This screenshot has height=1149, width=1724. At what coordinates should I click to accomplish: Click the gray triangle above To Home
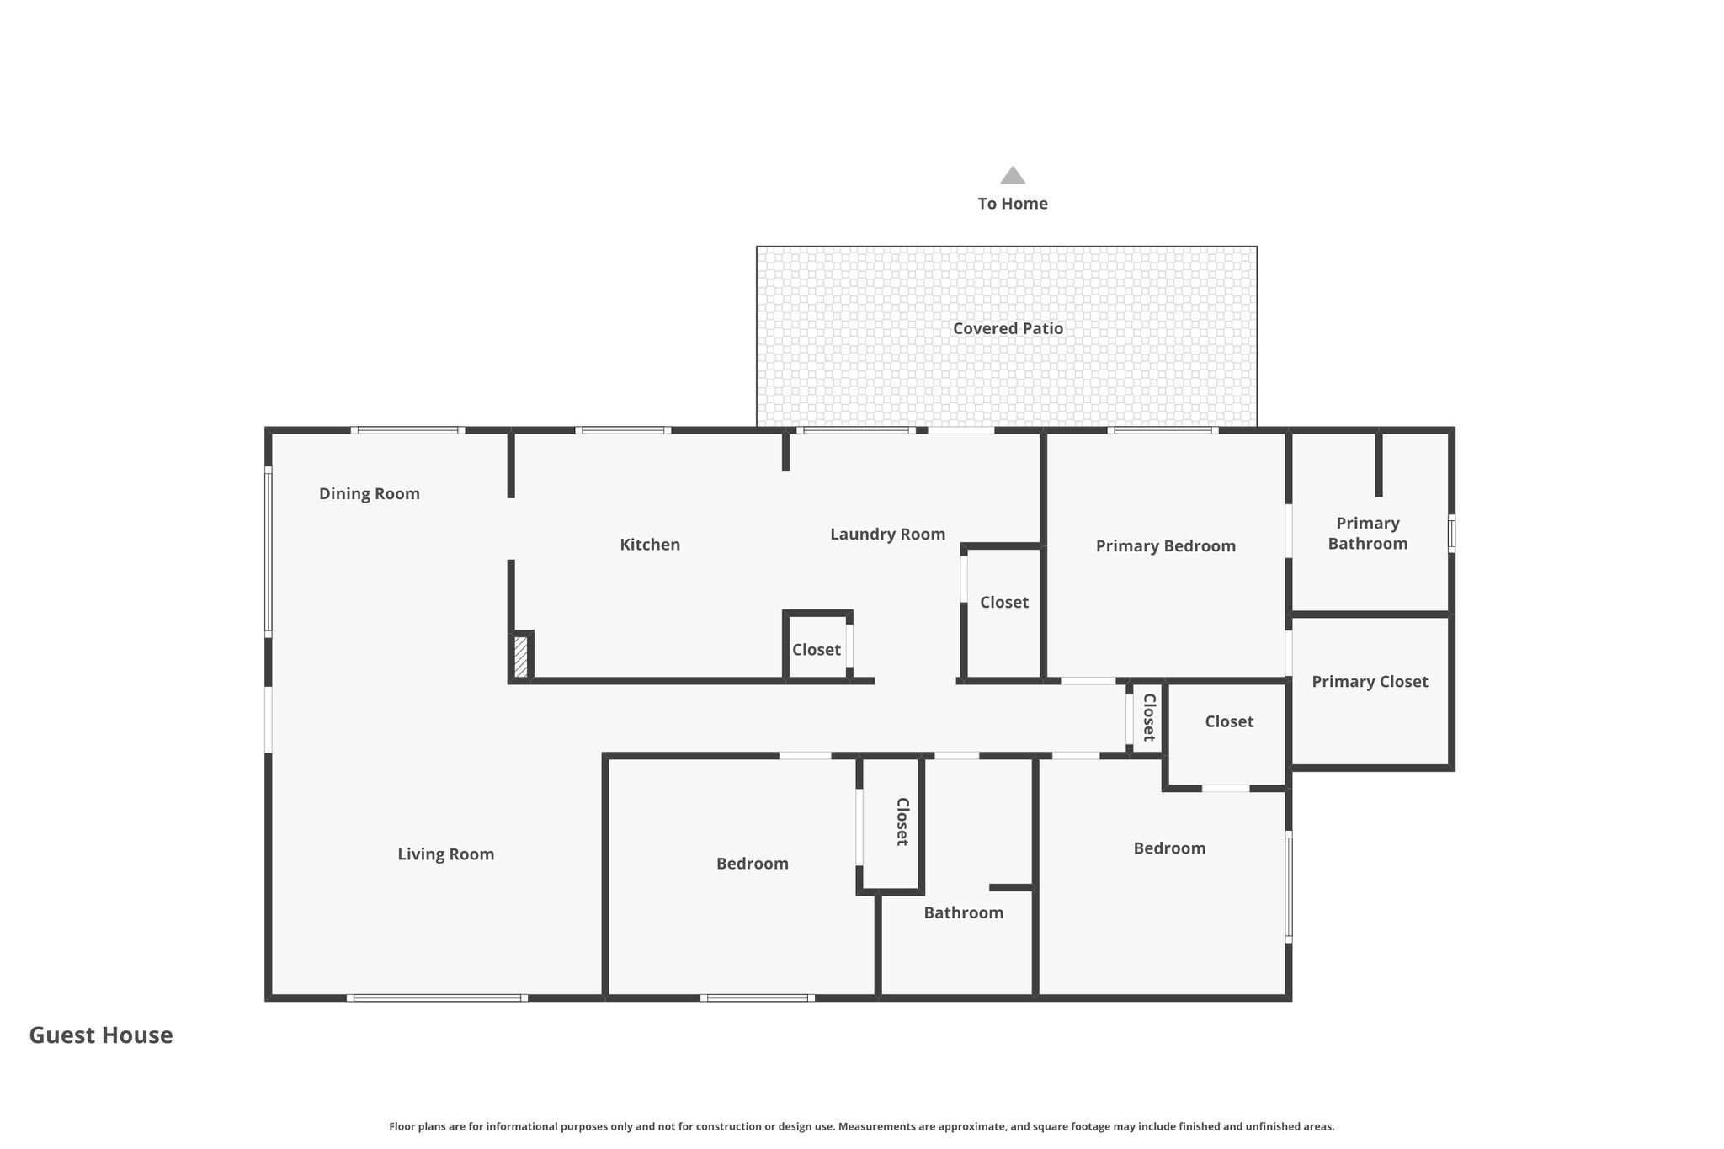tap(1013, 175)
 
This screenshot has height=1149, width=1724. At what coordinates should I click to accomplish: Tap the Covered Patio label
tap(1008, 328)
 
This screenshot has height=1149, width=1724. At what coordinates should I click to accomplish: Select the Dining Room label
tap(369, 494)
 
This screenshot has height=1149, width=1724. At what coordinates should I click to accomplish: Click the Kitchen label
tap(650, 545)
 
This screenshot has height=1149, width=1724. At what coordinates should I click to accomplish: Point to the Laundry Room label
tap(887, 535)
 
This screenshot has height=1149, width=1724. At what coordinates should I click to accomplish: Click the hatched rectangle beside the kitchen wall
tap(521, 657)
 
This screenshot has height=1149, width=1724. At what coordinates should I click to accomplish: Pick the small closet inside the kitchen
tap(817, 646)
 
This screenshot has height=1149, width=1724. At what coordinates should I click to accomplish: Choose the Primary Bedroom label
tap(1165, 546)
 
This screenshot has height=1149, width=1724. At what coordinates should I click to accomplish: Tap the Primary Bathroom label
tap(1368, 534)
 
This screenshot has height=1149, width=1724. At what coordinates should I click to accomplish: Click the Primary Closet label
tap(1370, 682)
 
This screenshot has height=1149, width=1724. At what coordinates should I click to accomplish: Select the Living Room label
tap(445, 854)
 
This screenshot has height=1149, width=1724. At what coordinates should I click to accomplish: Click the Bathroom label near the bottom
tap(963, 912)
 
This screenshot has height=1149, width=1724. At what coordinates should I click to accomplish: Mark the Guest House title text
tap(101, 1035)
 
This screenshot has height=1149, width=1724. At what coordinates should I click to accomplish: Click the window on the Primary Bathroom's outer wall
tap(1451, 534)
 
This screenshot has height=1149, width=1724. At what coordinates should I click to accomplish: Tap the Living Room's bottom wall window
tap(437, 997)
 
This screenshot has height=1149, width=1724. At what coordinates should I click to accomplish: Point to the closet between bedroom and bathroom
tap(891, 823)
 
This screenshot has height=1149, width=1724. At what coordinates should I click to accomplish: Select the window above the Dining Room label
tap(407, 430)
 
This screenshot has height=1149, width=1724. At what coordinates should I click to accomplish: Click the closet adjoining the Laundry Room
tap(1003, 613)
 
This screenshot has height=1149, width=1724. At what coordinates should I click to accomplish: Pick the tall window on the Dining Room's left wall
tap(269, 552)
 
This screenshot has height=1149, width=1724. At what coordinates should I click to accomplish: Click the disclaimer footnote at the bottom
tap(861, 1126)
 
